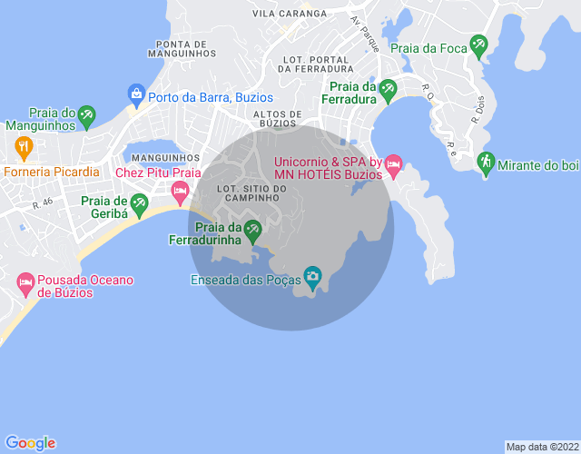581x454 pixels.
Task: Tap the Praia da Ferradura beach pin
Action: point(389,89)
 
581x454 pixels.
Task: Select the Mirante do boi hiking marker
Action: point(486,162)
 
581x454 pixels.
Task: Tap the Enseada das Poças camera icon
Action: point(313,275)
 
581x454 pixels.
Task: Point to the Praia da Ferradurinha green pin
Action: point(252,228)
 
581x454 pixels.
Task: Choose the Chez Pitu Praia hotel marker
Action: point(180,189)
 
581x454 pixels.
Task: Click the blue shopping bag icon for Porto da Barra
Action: point(136,93)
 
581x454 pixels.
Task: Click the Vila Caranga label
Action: point(290,14)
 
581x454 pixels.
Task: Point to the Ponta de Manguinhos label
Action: point(192,49)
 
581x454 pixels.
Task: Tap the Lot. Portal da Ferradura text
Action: point(317,64)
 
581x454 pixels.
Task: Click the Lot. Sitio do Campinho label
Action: point(251,192)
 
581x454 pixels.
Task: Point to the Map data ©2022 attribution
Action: point(542,447)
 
